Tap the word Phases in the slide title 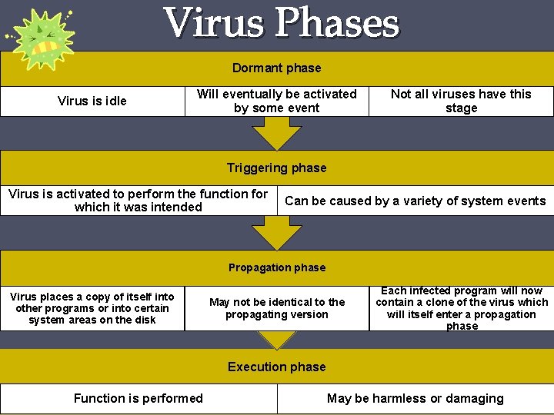[x=338, y=23]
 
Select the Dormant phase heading [x=277, y=68]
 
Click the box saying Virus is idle [x=92, y=101]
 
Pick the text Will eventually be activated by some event [x=277, y=101]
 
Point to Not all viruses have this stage [x=461, y=101]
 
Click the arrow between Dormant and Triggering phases [x=277, y=132]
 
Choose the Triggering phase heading [x=277, y=168]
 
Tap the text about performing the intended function [x=138, y=201]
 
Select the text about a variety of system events [x=415, y=201]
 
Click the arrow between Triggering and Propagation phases [x=277, y=231]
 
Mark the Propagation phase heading [x=277, y=267]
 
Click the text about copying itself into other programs [x=92, y=308]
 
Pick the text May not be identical [x=277, y=308]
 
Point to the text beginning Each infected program [x=462, y=308]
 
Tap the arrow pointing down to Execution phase [x=277, y=339]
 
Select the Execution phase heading [x=277, y=367]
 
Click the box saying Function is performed [x=138, y=398]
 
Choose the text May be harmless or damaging [x=415, y=398]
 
